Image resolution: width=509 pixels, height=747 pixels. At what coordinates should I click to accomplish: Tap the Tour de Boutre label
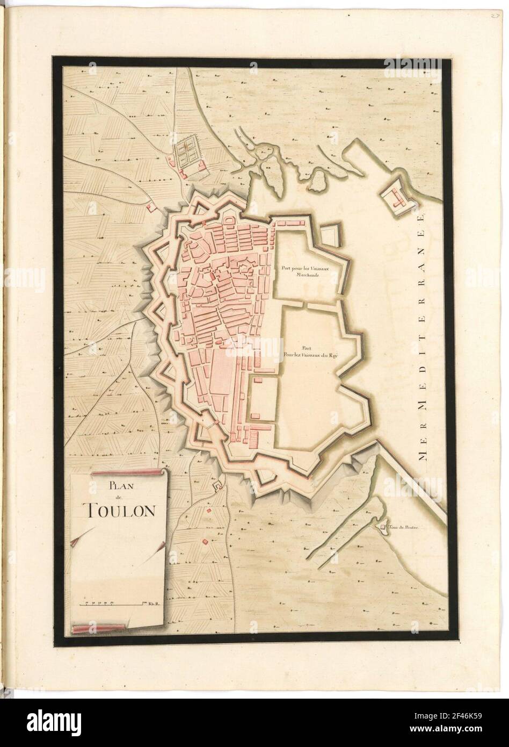tap(401, 528)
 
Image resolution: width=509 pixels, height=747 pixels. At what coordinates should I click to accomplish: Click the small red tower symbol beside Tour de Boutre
tap(383, 528)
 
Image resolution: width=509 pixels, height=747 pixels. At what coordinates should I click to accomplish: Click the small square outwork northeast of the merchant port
tap(331, 233)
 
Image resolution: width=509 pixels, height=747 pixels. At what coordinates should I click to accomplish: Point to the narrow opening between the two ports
tap(304, 304)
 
